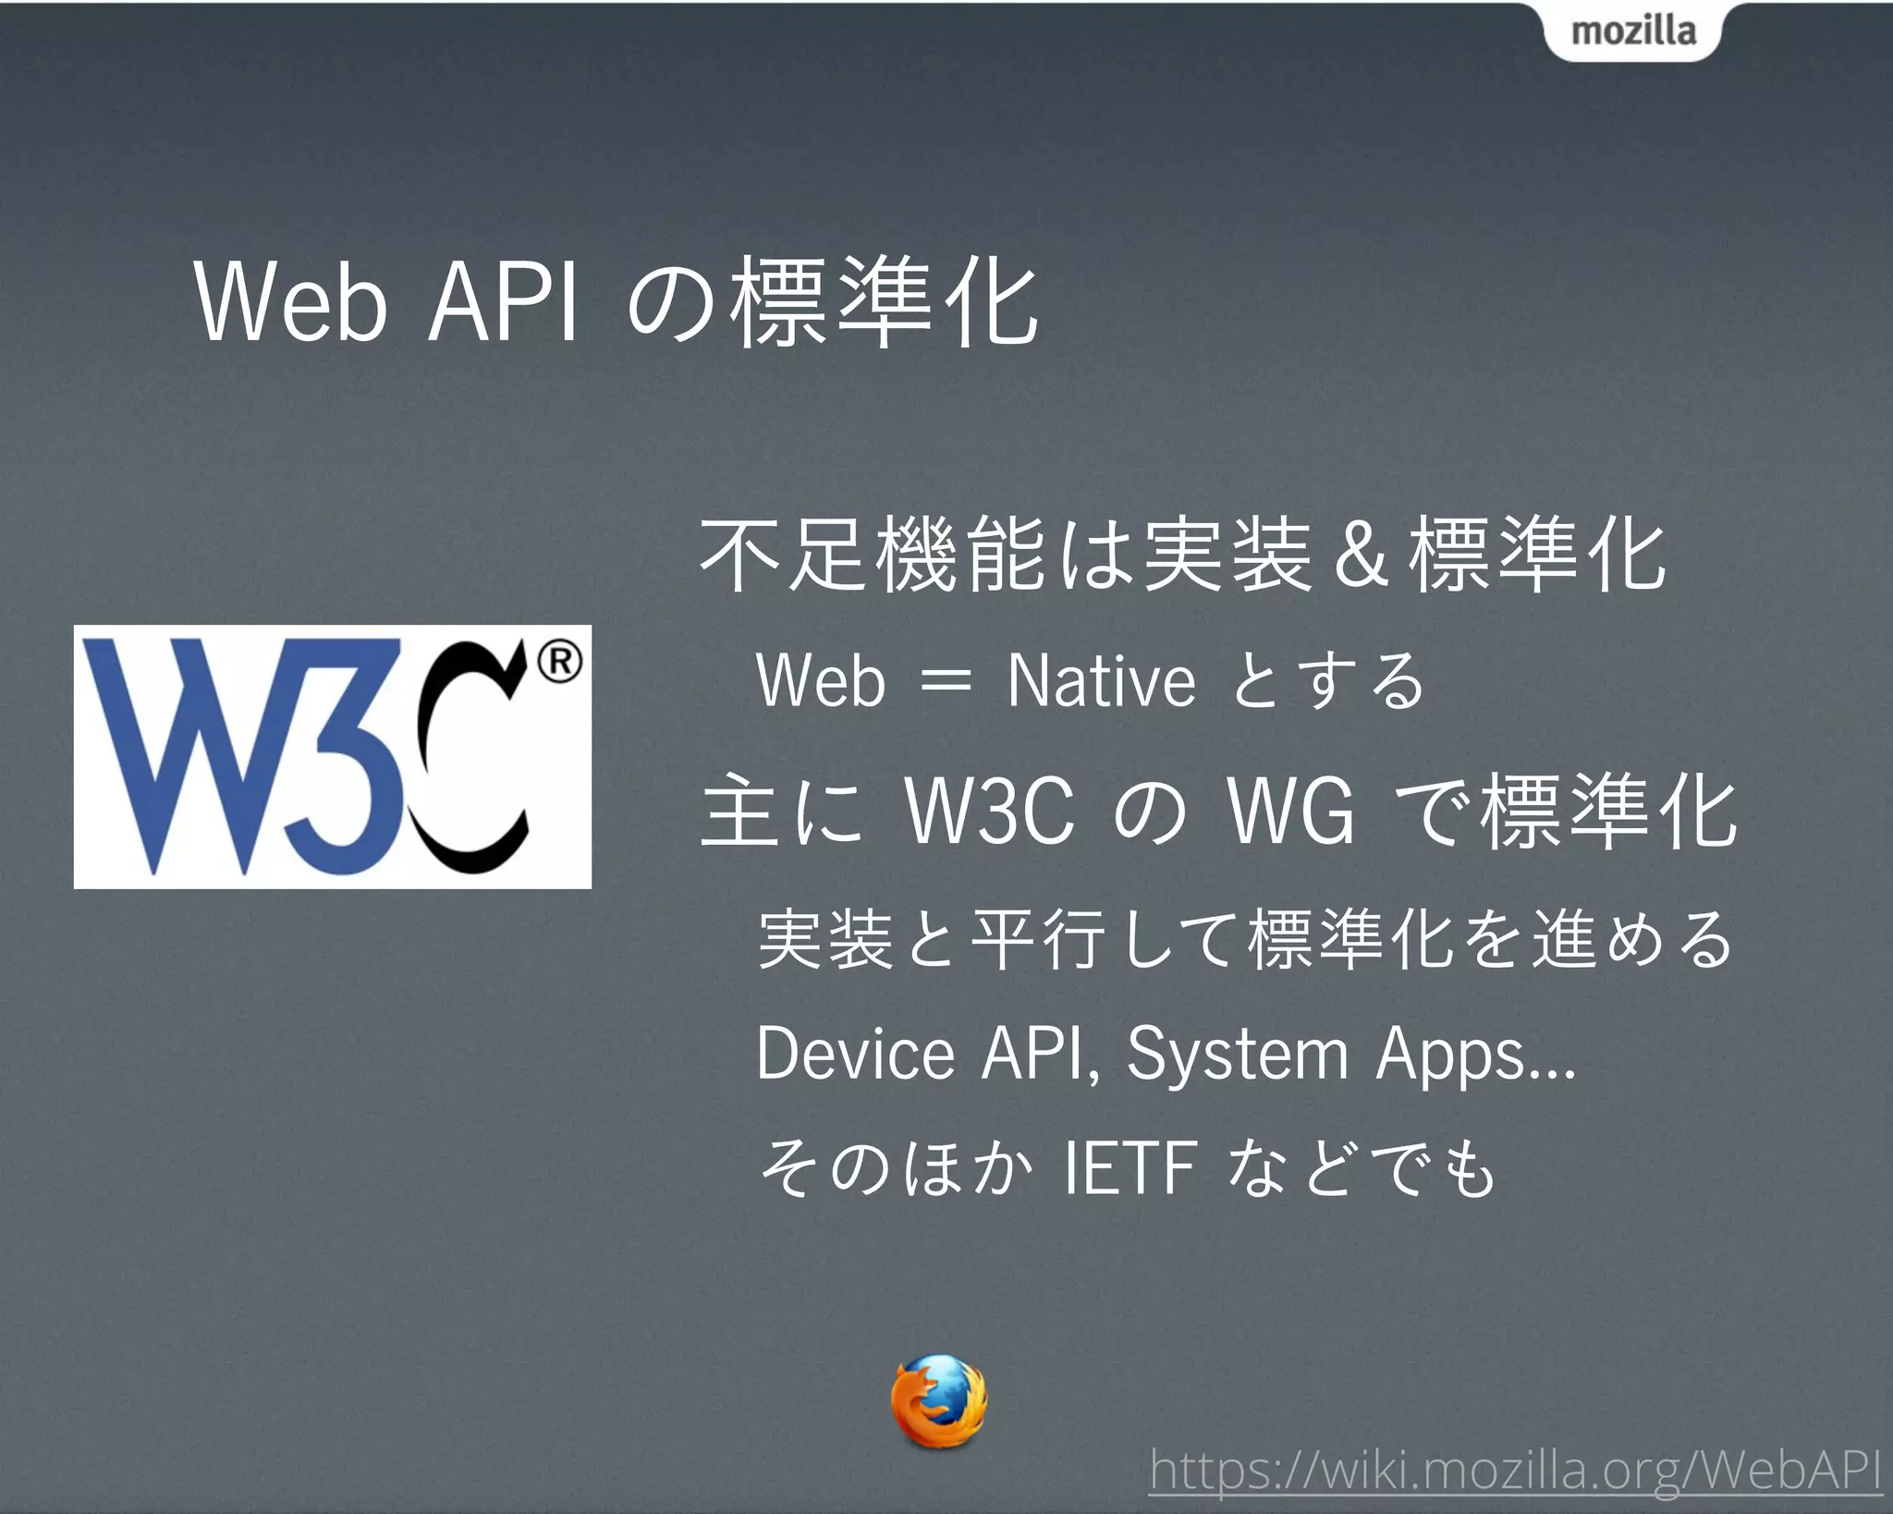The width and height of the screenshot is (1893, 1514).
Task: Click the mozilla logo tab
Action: coord(1633,31)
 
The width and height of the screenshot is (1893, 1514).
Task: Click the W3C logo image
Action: coord(333,757)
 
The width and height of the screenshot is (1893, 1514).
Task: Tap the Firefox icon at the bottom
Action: coord(939,1400)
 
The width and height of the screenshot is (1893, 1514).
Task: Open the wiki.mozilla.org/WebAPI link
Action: coord(1515,1470)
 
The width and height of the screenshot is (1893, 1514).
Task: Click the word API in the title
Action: coord(504,303)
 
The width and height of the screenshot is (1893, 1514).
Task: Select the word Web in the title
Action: coord(291,303)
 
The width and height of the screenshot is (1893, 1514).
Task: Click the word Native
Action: coord(1101,681)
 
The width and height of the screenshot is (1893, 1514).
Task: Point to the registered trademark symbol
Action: coord(560,662)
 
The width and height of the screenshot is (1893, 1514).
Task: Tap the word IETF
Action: coord(1130,1169)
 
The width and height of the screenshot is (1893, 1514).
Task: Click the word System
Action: coord(1238,1055)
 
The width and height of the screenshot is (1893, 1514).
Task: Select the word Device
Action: coord(855,1055)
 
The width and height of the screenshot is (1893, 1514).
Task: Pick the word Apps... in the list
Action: coord(1475,1055)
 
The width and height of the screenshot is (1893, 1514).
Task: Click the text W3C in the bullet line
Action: coord(990,812)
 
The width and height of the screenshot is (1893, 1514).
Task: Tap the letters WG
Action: coord(1290,812)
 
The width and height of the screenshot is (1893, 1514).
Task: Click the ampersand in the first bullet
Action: coord(1361,556)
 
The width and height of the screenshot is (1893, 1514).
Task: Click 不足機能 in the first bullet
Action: coord(873,555)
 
